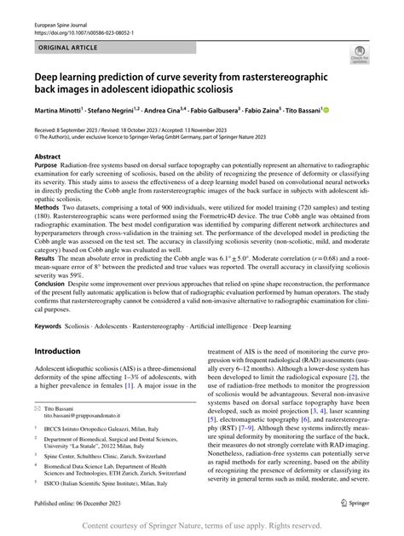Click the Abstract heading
pos(48,158)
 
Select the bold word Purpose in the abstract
pos(49,167)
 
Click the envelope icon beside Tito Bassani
pos(40,408)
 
